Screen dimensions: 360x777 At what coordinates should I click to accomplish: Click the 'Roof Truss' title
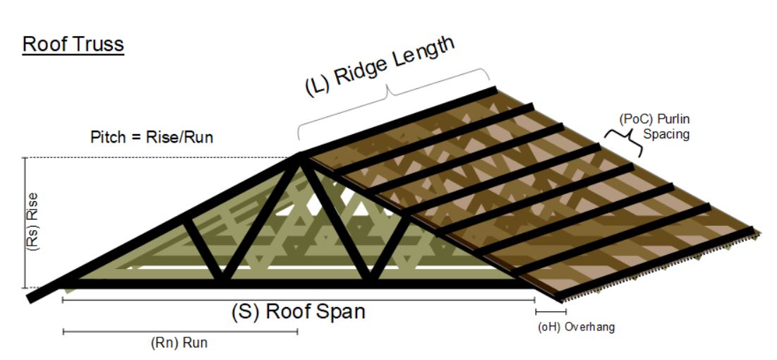[73, 44]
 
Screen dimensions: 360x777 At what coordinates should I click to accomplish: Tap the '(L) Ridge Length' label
[380, 65]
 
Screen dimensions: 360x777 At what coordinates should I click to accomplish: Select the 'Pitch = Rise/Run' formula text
[152, 136]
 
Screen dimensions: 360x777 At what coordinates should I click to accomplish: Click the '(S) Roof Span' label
[298, 311]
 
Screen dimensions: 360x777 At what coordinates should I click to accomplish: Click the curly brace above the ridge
[392, 95]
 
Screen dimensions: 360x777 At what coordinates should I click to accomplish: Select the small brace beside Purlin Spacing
[625, 141]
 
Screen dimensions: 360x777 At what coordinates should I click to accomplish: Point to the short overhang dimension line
[546, 311]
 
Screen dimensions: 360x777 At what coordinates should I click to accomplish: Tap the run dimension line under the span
[180, 330]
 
